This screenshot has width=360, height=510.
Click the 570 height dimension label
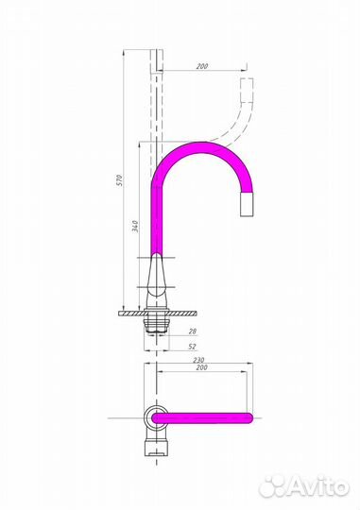[x=119, y=180]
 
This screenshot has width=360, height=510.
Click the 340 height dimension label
[x=135, y=226]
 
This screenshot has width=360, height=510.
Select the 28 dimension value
[x=193, y=331]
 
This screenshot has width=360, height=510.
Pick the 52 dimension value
[x=193, y=347]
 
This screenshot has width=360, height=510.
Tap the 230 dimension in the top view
[x=198, y=360]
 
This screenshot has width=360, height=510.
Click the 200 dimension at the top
[x=202, y=66]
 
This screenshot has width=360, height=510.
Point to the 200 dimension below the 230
[x=202, y=367]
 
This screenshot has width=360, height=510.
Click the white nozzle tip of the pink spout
[x=247, y=204]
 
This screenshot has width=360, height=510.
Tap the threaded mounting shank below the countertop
[x=157, y=325]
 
